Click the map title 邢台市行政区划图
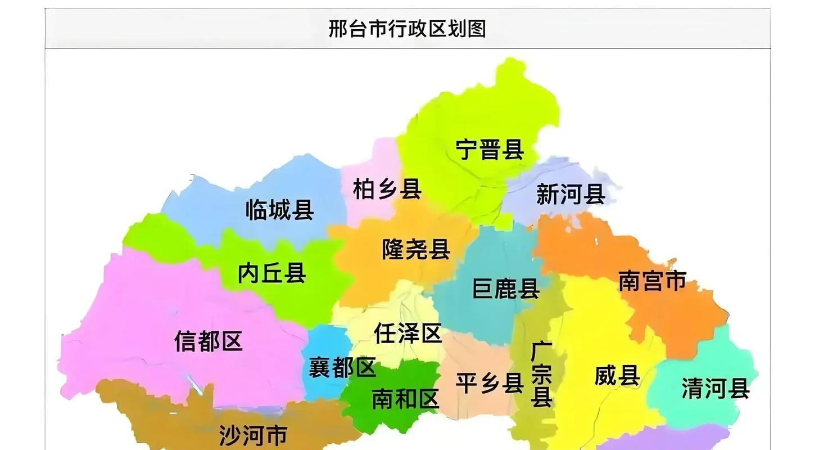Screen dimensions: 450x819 407,28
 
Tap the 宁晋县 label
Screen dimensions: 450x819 490,150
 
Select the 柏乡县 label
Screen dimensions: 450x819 387,189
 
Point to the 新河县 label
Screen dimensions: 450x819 570,195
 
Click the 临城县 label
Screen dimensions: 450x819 279,210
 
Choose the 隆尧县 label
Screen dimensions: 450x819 416,249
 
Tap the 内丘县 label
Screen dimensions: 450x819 272,273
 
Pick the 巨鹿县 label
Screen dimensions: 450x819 506,289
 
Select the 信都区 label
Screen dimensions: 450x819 208,341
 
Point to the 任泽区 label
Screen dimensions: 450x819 408,334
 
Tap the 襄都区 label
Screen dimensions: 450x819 342,368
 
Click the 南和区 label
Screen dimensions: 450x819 405,399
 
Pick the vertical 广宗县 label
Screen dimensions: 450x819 541,374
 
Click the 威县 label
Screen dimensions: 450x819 617,375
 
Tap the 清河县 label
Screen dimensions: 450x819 715,388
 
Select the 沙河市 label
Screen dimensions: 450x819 253,435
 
